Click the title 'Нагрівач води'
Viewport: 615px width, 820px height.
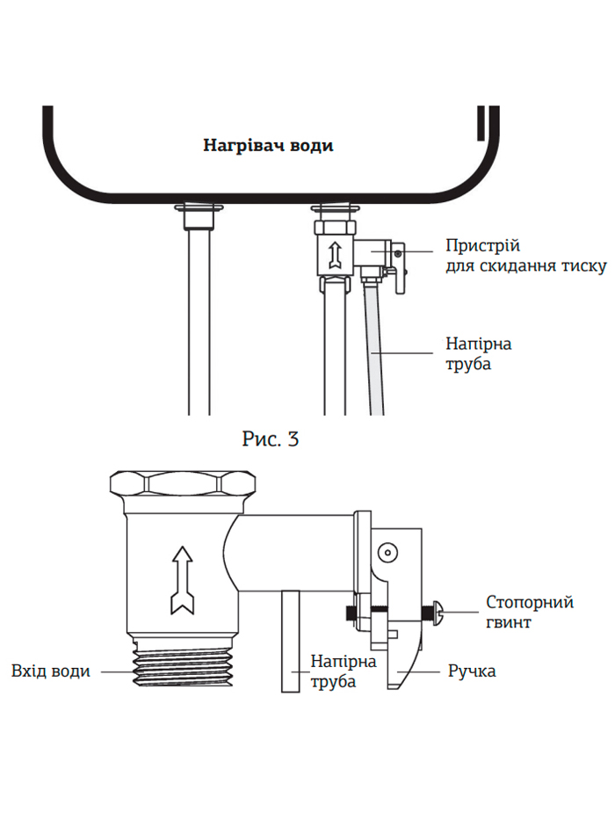pos(268,146)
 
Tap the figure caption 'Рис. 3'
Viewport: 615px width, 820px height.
pos(270,439)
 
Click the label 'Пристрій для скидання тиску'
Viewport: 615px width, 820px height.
pos(525,255)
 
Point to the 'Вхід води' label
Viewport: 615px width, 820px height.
pos(50,671)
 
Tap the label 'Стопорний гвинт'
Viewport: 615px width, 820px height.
pos(530,612)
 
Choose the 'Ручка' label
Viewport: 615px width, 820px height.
pos(472,671)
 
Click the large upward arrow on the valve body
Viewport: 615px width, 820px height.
pos(181,579)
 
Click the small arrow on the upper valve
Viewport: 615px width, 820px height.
pos(334,254)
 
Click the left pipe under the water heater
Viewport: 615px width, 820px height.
pos(199,325)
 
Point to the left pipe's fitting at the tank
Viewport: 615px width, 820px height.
pos(197,213)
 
